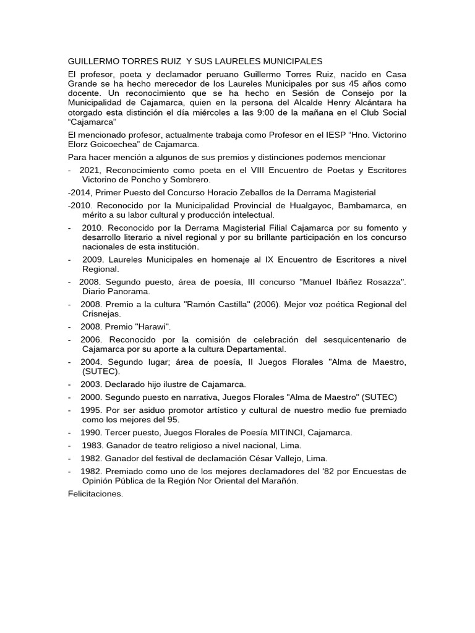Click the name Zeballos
pos(272,192)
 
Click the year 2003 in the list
pos(91,384)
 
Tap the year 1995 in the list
pos(92,410)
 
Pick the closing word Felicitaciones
pos(95,493)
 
